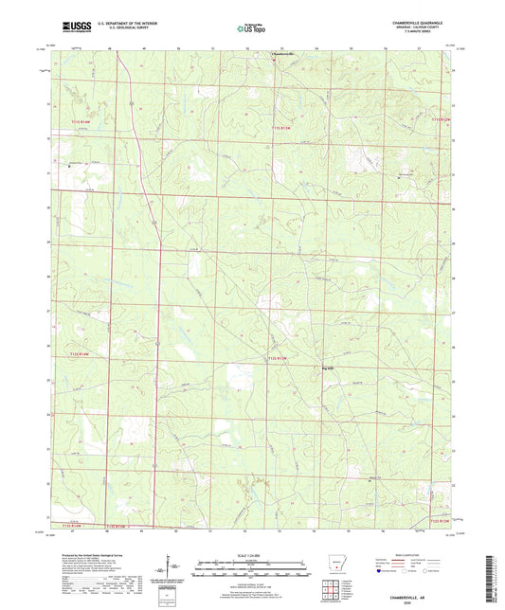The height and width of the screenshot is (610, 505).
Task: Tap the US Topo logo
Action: coord(251,28)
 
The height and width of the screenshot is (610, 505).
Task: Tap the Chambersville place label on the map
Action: coord(283,53)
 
